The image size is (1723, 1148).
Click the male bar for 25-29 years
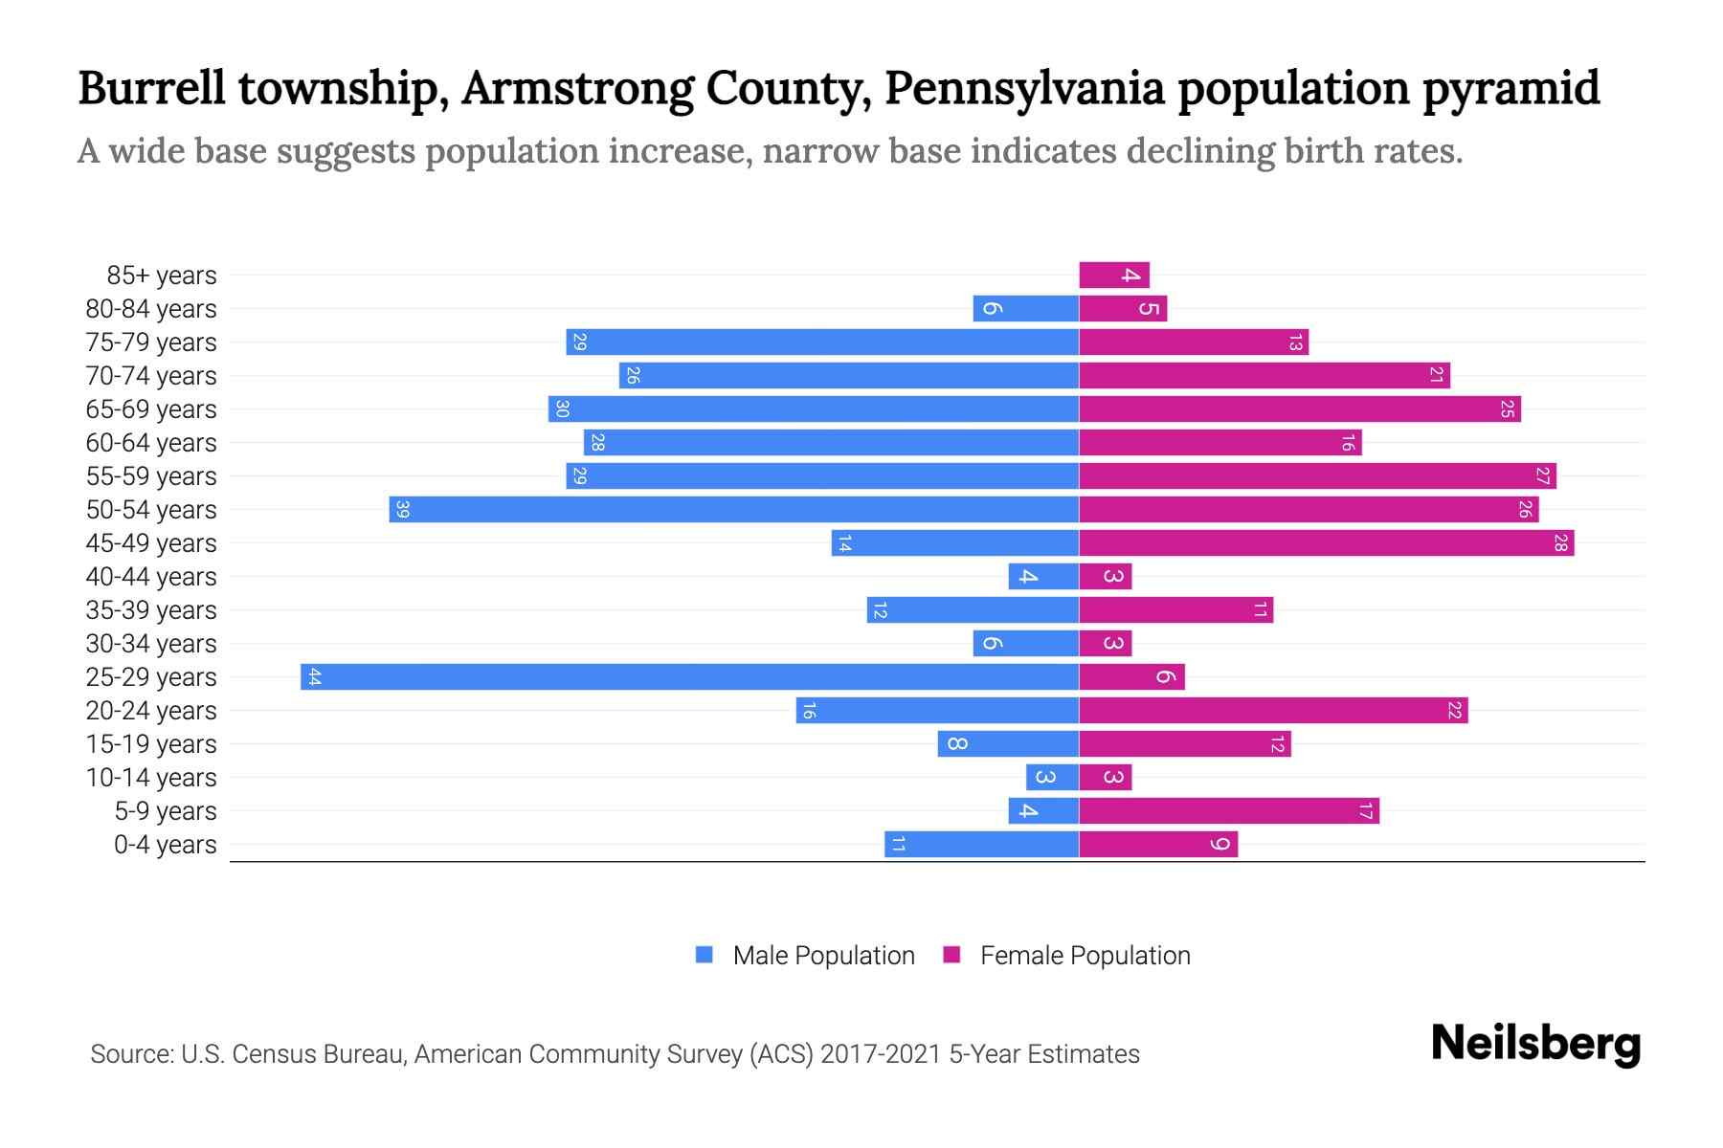(689, 677)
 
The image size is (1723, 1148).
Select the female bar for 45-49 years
(1326, 543)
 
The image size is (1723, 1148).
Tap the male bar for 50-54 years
(733, 510)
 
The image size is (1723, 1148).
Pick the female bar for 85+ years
(1113, 276)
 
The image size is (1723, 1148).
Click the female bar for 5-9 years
(1229, 811)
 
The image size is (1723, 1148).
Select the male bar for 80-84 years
(1025, 309)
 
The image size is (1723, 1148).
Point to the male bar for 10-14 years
(1052, 778)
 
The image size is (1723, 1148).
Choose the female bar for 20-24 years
(1273, 711)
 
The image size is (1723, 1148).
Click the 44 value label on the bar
(315, 677)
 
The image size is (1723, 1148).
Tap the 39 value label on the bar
(403, 510)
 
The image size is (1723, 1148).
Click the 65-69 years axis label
(151, 409)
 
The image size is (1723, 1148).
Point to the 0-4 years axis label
(165, 845)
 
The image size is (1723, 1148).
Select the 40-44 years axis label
(151, 577)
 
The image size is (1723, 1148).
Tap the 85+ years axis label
(162, 276)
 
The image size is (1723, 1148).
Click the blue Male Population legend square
(705, 955)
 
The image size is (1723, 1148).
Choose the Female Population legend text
(1085, 955)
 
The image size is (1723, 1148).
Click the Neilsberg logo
(1535, 1044)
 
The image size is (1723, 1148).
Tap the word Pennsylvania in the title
(1024, 88)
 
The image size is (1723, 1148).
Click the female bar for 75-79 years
(1194, 342)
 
